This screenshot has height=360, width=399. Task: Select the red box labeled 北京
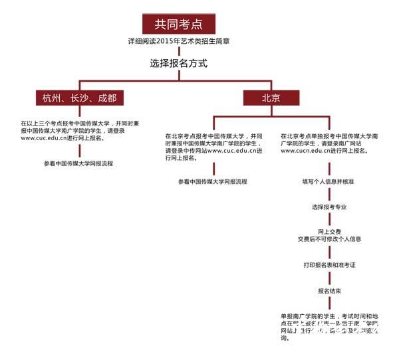[271, 98]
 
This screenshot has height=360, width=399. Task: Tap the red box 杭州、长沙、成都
[79, 98]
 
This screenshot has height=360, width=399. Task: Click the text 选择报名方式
[179, 64]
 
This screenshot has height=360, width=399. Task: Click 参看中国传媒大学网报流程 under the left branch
[78, 163]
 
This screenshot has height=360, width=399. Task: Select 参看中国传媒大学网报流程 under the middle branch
[212, 181]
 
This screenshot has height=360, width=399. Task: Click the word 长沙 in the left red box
[78, 98]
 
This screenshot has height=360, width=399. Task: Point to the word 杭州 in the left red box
[51, 98]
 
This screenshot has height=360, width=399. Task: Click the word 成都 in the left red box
[106, 98]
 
